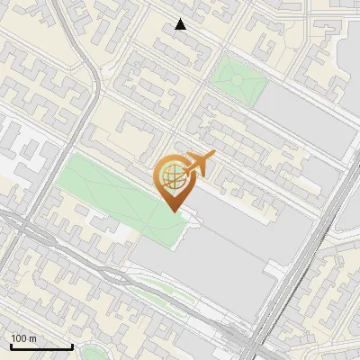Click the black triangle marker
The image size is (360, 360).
click(x=181, y=24)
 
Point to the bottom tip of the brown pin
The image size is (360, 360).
click(x=172, y=211)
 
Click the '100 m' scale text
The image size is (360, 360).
click(x=24, y=338)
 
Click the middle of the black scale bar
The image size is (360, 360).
click(x=41, y=346)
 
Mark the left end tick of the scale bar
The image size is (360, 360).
click(x=11, y=345)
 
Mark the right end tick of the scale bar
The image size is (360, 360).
click(x=72, y=345)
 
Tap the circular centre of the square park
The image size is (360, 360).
click(x=238, y=79)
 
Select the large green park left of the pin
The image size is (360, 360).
click(x=108, y=193)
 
